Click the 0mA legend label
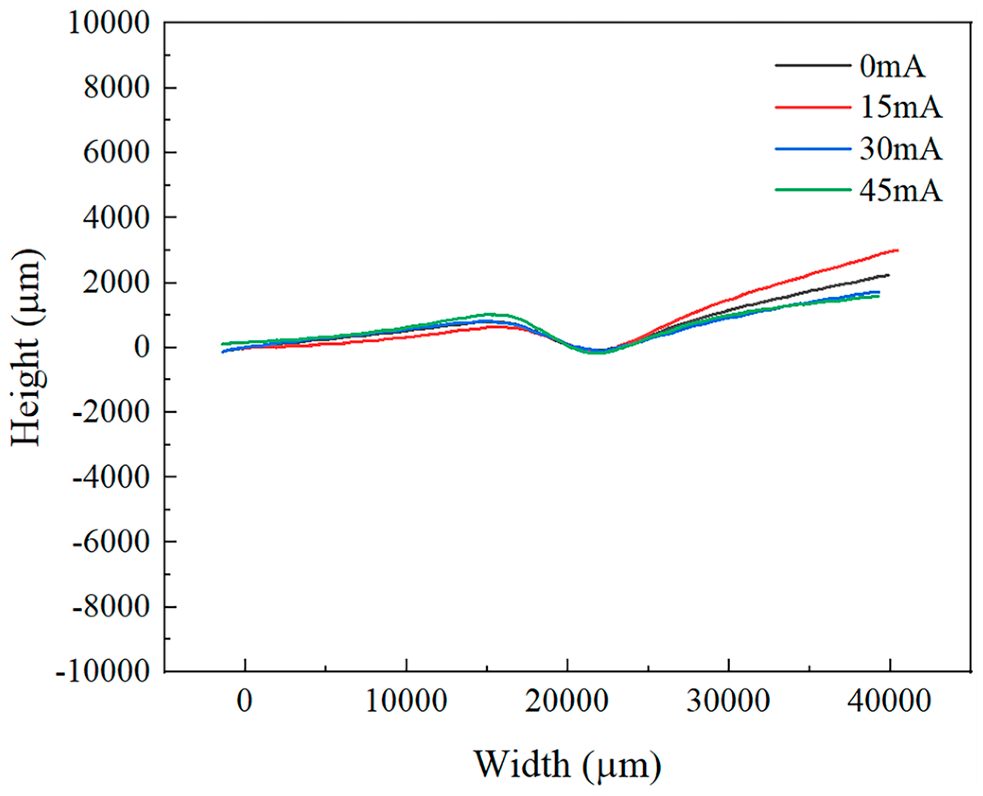892,67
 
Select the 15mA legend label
900,108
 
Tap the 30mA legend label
900,150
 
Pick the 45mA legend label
900,191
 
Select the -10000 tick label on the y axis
103,672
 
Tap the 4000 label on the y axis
117,218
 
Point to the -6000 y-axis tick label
111,542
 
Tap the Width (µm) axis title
567,765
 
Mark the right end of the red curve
897,250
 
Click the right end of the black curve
888,275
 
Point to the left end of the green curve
223,344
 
